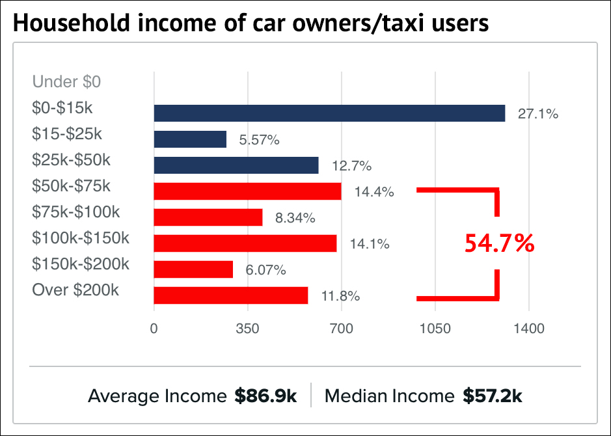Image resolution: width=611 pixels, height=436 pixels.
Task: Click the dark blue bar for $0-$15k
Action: tap(329, 113)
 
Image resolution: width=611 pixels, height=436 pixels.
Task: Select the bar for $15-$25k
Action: tap(190, 139)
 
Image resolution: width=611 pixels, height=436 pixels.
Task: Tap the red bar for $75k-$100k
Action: tap(208, 217)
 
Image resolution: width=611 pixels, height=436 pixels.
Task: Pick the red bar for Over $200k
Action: tap(231, 295)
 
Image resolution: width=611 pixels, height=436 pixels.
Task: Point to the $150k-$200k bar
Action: tap(193, 269)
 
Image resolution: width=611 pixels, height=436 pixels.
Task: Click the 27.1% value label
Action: tap(538, 115)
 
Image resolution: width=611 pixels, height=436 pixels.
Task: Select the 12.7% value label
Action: tap(351, 166)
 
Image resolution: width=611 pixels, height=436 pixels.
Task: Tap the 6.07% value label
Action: tap(265, 270)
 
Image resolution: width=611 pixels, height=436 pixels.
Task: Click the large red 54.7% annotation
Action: tap(499, 243)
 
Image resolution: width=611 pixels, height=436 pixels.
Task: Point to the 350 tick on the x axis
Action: tap(248, 329)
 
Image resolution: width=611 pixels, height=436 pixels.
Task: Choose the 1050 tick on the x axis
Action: tap(435, 329)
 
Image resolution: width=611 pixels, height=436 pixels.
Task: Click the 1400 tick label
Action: tap(528, 329)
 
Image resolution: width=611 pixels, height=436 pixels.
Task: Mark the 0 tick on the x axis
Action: tap(154, 329)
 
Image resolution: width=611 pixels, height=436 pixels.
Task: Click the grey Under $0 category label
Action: tap(66, 82)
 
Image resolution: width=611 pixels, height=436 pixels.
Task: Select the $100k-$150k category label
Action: tap(81, 238)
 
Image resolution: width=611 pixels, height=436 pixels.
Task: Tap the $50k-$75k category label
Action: tap(72, 186)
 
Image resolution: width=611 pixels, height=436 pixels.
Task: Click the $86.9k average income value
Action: tap(265, 396)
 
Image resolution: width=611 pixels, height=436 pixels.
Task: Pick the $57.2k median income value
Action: tap(493, 396)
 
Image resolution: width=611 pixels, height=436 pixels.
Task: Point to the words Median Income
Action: tap(389, 396)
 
